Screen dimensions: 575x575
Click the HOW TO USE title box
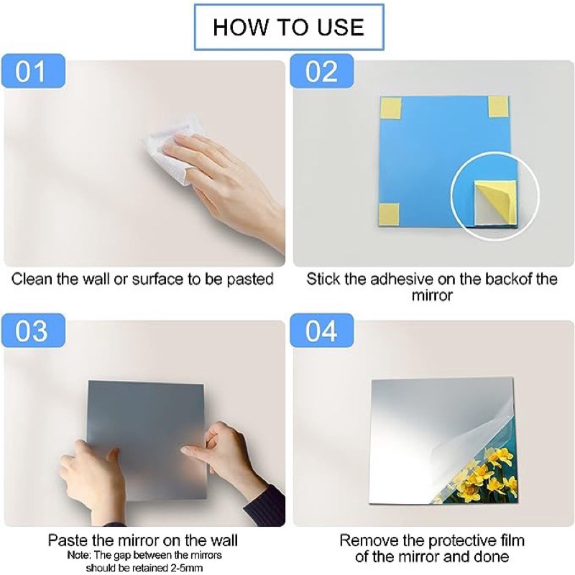289,27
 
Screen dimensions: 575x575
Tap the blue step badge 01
33,71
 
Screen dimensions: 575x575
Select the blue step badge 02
321,71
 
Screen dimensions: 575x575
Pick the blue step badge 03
33,331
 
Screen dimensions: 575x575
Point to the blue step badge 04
321,331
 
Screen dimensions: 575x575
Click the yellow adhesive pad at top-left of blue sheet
391,106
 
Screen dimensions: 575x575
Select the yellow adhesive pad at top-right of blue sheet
498,106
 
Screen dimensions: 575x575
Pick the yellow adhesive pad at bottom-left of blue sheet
389,214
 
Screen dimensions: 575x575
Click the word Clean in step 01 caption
32,279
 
